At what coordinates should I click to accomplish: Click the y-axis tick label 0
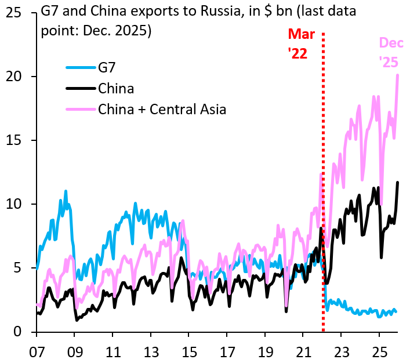coord(17,332)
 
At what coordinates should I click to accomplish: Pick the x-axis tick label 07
coord(37,351)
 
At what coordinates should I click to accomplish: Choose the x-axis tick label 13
coord(151,351)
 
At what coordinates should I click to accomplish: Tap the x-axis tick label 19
coord(265,351)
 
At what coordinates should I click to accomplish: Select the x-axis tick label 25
coord(379,351)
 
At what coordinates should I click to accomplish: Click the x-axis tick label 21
coord(303,351)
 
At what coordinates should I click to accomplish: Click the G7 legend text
coord(107,69)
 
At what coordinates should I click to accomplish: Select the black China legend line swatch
coord(79,89)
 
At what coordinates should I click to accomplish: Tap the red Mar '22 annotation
coord(302,43)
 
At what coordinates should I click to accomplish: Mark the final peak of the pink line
coord(397,75)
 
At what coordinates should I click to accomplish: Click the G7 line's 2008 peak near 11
coord(66,191)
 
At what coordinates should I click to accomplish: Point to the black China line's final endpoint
coord(397,183)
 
